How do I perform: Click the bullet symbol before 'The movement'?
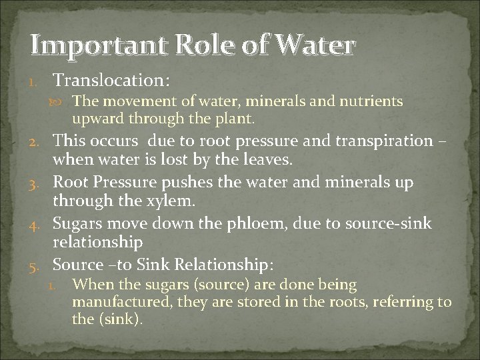[x=63, y=102]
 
